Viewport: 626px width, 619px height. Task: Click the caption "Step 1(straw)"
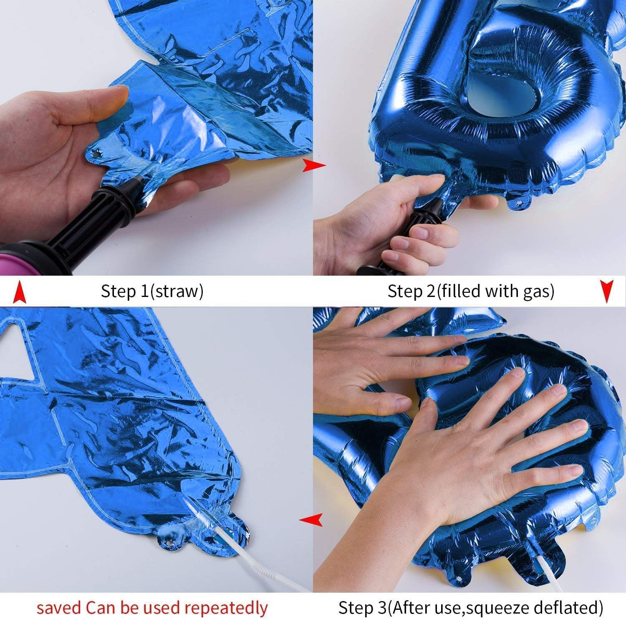point(152,291)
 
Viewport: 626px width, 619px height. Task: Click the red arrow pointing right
point(314,165)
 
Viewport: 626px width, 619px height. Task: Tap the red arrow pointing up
point(18,292)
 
